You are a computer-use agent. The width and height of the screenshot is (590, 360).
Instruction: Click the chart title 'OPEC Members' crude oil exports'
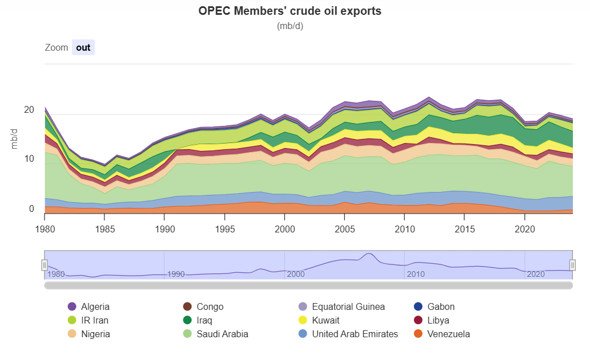290,11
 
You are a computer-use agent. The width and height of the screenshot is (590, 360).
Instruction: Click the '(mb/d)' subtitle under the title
290,26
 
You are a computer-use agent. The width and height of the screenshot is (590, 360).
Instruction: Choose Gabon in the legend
441,306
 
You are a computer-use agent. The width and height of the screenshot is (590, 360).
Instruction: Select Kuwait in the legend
325,320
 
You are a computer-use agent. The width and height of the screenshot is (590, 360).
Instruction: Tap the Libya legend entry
438,320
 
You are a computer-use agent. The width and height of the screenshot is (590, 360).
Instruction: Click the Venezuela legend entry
448,334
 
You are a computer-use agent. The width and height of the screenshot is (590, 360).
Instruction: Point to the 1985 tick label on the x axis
105,229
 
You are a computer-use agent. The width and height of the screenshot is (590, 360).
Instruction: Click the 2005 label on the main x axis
345,229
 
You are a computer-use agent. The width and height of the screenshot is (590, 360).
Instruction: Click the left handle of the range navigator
44,265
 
